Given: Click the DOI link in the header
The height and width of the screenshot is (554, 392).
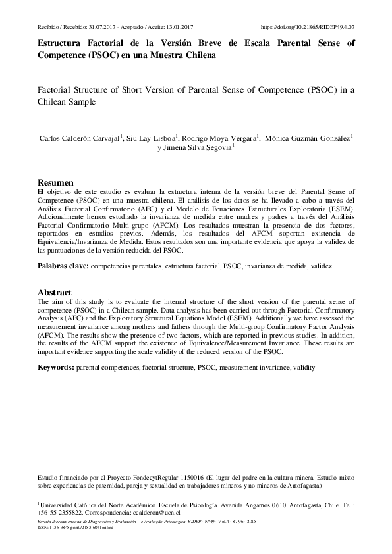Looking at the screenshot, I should click(x=308, y=28).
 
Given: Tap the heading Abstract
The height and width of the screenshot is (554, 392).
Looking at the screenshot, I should click(x=54, y=292).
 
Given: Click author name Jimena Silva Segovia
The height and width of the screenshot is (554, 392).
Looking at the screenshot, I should click(x=198, y=149).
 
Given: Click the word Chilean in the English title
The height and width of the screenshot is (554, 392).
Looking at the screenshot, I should click(x=55, y=103).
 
